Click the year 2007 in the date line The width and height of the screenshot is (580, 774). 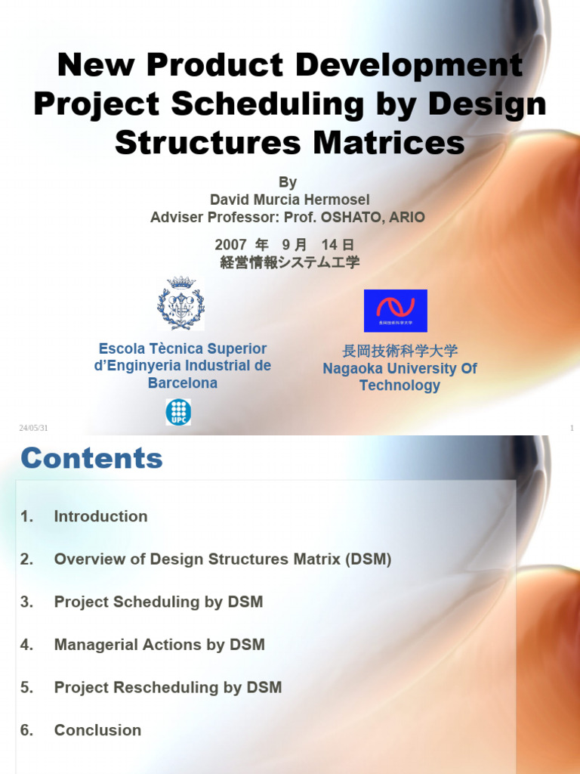(231, 245)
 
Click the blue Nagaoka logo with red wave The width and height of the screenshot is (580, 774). (395, 311)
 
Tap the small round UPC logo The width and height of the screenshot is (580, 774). (178, 412)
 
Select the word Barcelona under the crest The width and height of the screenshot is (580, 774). (183, 383)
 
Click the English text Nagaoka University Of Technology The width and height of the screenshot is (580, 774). (400, 376)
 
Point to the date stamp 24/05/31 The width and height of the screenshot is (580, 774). (32, 429)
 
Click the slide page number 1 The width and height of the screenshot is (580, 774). (572, 429)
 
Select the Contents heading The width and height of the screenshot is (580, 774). (91, 458)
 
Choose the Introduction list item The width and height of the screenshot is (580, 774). (100, 517)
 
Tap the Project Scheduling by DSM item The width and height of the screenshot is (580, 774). (159, 602)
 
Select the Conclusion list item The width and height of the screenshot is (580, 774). (97, 730)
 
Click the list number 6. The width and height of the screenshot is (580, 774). (27, 730)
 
